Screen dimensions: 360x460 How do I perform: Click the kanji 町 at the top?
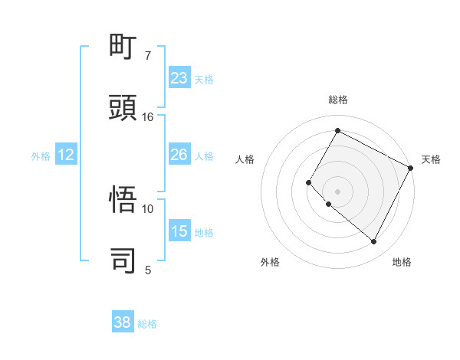pos(124,47)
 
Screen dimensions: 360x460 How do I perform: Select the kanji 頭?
pos(124,107)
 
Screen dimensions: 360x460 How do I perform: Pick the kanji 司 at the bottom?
pos(124,260)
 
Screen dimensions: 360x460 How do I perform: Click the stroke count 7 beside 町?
pos(148,56)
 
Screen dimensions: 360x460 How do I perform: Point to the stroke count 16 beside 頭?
pos(148,117)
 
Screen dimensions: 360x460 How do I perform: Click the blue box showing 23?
pos(179,78)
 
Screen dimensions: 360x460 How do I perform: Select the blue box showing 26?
pos(179,155)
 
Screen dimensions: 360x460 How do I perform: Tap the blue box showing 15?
pos(179,231)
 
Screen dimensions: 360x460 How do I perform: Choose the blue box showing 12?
pos(66,155)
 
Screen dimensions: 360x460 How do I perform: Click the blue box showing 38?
pos(123,322)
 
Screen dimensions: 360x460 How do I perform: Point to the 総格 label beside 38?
pos(148,324)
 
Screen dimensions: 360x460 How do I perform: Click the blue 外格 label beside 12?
pos(41,156)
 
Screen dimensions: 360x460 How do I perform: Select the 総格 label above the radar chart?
pos(337,100)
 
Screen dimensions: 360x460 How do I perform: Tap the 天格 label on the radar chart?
pos(431,159)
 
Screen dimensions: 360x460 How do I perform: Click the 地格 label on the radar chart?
pos(402,263)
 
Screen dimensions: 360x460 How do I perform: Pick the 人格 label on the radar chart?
pos(245,159)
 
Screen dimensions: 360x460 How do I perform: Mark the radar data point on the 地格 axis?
pos(374,242)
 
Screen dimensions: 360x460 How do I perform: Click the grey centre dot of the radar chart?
pos(337,191)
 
